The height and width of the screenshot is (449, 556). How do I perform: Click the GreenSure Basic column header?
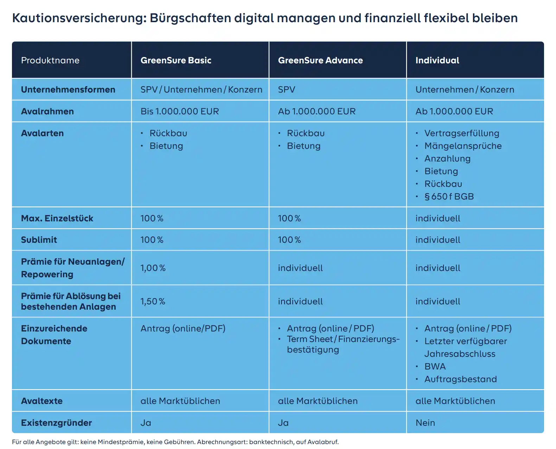pos(176,60)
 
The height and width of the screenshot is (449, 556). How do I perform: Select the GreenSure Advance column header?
pos(320,60)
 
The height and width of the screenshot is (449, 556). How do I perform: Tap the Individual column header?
pos(437,60)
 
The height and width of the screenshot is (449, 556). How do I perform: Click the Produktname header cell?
pos(50,60)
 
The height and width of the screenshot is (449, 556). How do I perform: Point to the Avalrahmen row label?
pos(47,111)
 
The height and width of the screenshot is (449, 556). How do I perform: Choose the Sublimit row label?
pos(39,240)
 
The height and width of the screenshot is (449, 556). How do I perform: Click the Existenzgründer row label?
pos(56,423)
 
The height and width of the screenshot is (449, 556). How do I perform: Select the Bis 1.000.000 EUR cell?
pos(180,111)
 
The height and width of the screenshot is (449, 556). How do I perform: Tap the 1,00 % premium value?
pos(153,268)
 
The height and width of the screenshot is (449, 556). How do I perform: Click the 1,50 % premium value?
pos(153,301)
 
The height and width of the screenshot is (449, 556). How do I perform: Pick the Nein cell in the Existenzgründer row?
pos(425,423)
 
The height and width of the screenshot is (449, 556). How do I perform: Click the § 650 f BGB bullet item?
pos(449,196)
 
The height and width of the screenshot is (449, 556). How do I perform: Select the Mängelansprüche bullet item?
pos(463,146)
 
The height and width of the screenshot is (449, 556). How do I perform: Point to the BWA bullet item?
pos(435,366)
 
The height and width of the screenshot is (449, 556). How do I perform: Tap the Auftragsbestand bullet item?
pos(460,379)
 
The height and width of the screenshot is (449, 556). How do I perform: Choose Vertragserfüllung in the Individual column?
pos(462,133)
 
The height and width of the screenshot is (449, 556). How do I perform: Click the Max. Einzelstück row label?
pos(57,218)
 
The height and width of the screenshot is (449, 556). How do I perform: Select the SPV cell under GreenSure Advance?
pos(287,89)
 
